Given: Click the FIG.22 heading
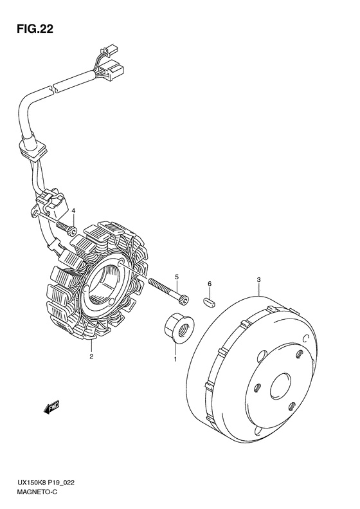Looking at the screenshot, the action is tap(35, 29).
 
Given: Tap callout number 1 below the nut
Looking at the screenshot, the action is tap(175, 359).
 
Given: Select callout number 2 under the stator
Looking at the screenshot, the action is tap(91, 356).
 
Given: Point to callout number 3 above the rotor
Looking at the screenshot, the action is tap(259, 279).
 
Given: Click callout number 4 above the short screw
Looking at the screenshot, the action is tap(74, 211).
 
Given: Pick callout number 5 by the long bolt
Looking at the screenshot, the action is tap(177, 277).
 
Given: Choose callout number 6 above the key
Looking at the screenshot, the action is tap(210, 284).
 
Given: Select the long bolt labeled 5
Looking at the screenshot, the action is tap(168, 292).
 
